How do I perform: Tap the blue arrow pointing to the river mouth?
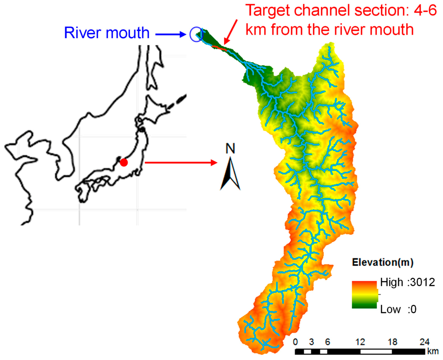(x=171, y=34)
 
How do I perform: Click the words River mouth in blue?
(x=107, y=33)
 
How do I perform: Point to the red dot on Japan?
(x=123, y=162)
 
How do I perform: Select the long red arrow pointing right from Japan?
(x=181, y=162)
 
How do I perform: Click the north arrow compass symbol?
(x=230, y=174)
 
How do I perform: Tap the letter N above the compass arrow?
(x=231, y=149)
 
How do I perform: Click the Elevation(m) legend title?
(x=383, y=263)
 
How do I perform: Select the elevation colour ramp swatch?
(x=364, y=295)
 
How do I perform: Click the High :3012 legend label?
(x=407, y=282)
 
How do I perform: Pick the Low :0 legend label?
(x=398, y=309)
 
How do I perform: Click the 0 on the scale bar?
(x=296, y=342)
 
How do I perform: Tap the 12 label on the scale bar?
(x=360, y=342)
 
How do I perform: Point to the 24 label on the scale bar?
(x=424, y=342)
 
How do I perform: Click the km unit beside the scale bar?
(x=433, y=351)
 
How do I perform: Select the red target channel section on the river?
(x=219, y=48)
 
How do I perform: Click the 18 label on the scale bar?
(x=393, y=342)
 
